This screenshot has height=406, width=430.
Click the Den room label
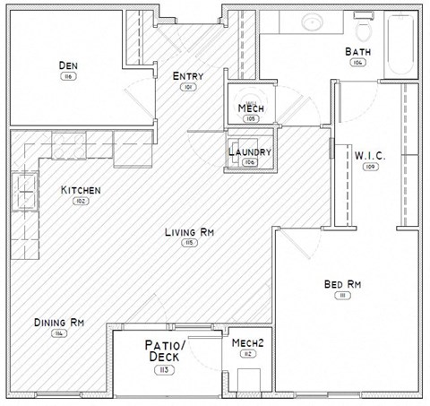tap(67, 65)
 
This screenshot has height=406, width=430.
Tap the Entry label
tap(187, 76)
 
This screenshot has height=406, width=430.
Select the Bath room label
tap(357, 51)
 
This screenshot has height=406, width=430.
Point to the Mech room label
tap(249, 108)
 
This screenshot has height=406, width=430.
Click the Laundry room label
tap(249, 151)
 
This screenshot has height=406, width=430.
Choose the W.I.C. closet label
tap(369, 155)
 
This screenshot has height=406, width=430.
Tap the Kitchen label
tap(80, 190)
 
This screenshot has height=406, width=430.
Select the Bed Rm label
tap(341, 285)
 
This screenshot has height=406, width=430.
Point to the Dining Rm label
tap(58, 323)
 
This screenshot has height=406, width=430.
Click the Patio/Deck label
tap(164, 350)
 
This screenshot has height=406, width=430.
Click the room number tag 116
tap(67, 77)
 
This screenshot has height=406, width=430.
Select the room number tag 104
tap(357, 63)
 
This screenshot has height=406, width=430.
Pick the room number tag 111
tap(341, 296)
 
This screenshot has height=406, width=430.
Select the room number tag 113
tap(164, 369)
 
